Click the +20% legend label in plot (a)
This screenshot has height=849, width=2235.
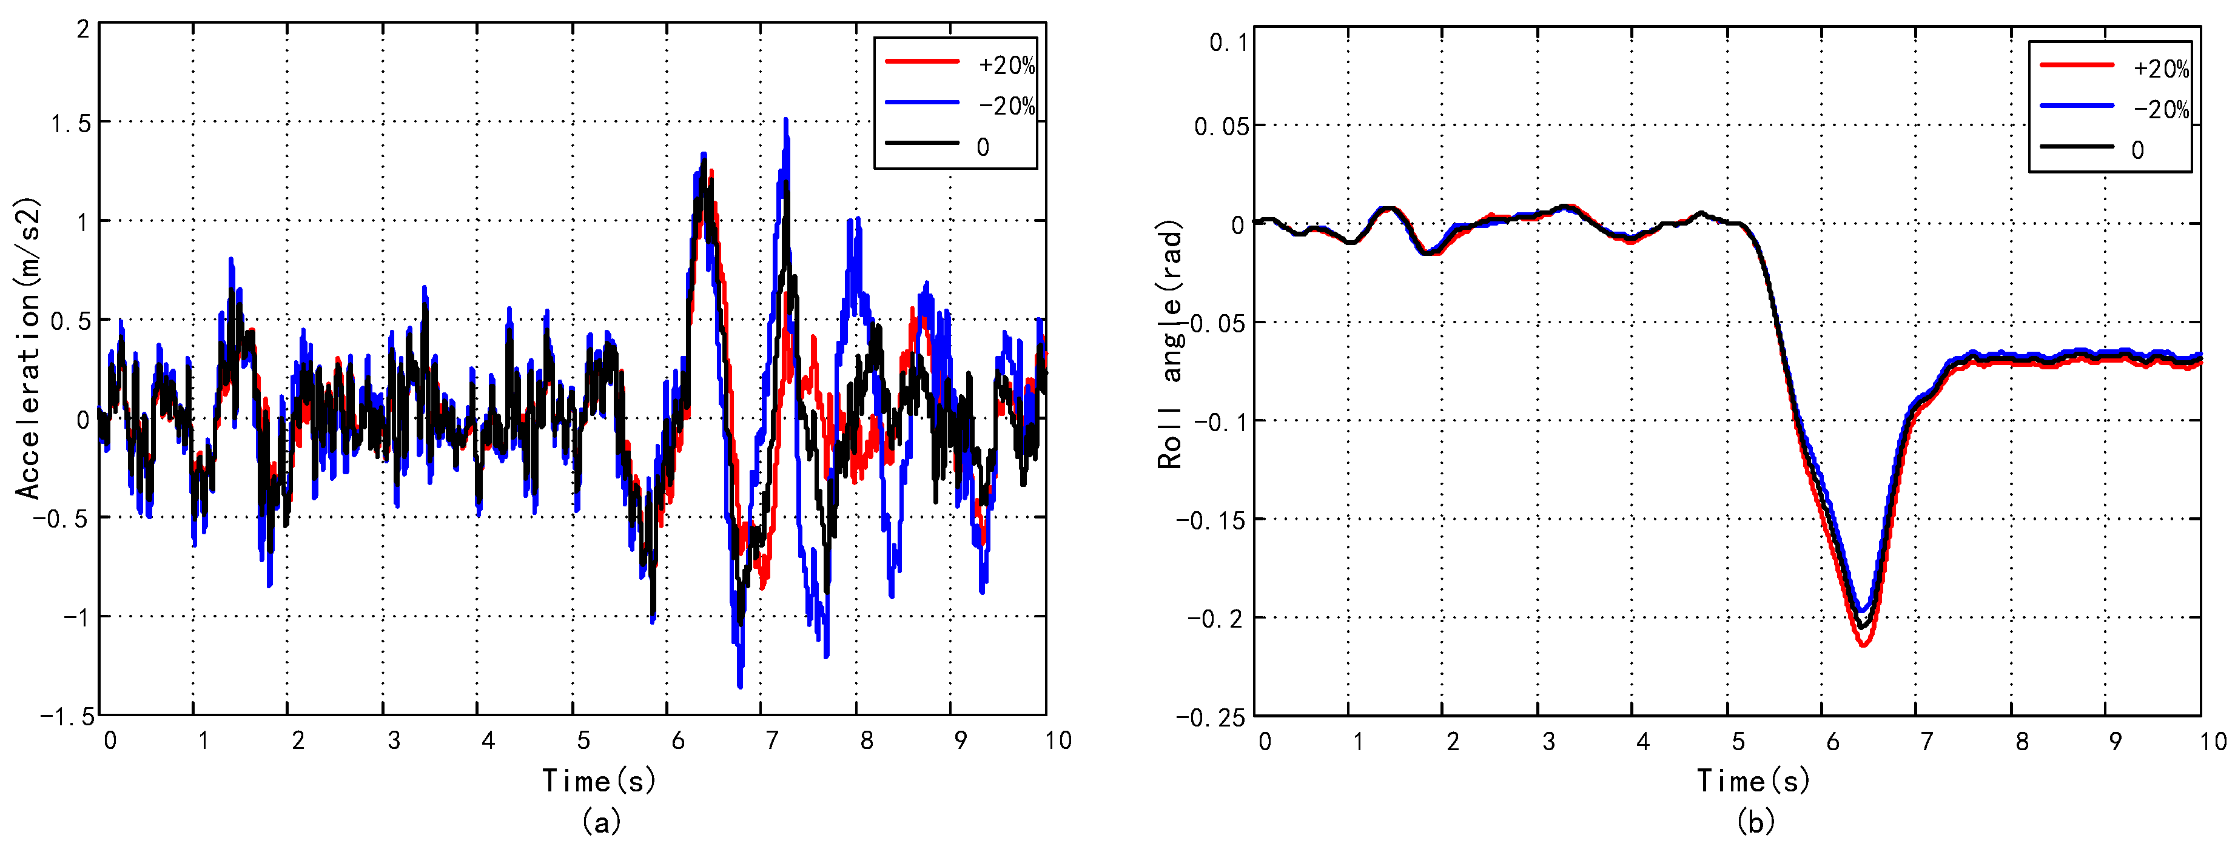click(x=1006, y=65)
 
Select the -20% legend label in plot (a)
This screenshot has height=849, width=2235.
click(x=1006, y=106)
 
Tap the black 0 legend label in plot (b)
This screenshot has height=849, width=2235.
click(x=2137, y=150)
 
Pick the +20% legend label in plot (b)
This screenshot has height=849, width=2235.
click(x=2160, y=69)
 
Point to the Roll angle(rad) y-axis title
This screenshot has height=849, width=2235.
click(x=1171, y=345)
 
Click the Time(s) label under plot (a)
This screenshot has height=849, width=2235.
click(x=599, y=780)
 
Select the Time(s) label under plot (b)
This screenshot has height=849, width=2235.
click(x=1753, y=780)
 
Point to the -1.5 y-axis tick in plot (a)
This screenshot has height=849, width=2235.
click(x=66, y=716)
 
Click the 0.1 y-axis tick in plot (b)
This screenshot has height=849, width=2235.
click(x=1228, y=42)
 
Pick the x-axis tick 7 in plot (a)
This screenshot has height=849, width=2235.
click(x=771, y=740)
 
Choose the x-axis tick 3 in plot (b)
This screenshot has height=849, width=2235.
click(x=1548, y=742)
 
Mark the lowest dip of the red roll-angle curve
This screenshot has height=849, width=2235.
click(x=1863, y=645)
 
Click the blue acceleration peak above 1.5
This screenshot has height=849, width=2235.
click(x=786, y=121)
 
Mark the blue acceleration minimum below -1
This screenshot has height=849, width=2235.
click(x=740, y=686)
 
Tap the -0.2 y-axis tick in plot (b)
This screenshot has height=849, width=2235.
click(x=1217, y=619)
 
